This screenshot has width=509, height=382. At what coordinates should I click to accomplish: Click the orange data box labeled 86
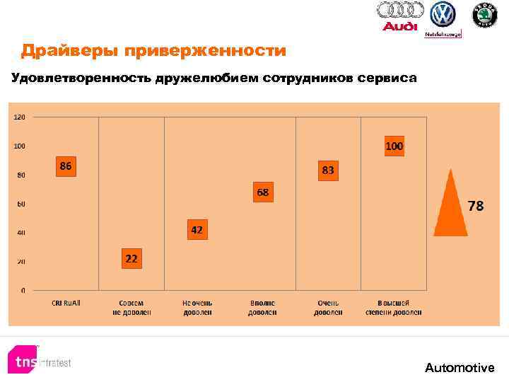[66, 166]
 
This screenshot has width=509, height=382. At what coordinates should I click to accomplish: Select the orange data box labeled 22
[131, 259]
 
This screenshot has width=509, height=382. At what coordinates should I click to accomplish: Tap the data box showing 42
[197, 230]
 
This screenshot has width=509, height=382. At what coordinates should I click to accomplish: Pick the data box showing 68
[262, 192]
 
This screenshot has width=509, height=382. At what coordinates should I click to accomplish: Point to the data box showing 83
[328, 170]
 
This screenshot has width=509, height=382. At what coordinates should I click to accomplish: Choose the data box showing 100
[394, 146]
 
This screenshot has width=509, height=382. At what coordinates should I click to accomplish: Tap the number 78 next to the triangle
[476, 207]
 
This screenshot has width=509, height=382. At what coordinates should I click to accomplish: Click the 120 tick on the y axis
[19, 117]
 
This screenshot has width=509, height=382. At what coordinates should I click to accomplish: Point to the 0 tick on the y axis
[22, 290]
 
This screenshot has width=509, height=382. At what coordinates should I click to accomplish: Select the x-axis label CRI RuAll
[66, 303]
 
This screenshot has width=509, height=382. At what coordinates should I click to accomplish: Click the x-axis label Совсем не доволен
[131, 307]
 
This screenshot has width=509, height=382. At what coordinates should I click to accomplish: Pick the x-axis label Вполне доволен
[262, 307]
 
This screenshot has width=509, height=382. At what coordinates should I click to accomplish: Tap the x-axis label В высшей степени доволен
[394, 307]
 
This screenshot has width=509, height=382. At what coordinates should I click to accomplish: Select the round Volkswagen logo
[443, 14]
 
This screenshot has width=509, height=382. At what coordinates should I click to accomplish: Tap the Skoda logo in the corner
[484, 15]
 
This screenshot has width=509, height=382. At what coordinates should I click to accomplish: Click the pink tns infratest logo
[27, 361]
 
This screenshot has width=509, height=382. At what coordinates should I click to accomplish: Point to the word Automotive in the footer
[460, 368]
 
